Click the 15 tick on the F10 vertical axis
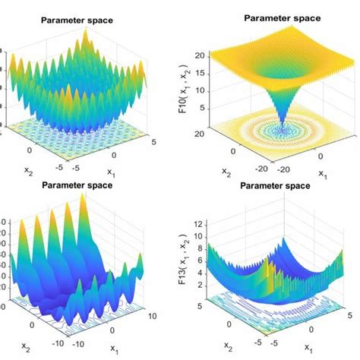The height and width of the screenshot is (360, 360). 201,74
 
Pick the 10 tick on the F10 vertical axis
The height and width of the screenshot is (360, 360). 201,93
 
